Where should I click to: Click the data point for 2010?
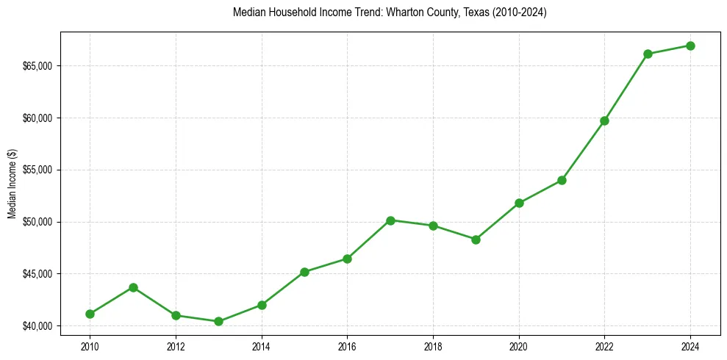pyautogui.click(x=90, y=314)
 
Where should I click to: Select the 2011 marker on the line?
pyautogui.click(x=133, y=287)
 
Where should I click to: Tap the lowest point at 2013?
pyautogui.click(x=218, y=321)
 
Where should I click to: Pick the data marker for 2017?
pyautogui.click(x=390, y=220)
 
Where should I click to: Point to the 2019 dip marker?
pyautogui.click(x=476, y=240)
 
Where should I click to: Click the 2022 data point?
pyautogui.click(x=604, y=120)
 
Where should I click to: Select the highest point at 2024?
pyautogui.click(x=690, y=46)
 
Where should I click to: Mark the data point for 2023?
pyautogui.click(x=648, y=54)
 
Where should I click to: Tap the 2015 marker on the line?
pyautogui.click(x=304, y=272)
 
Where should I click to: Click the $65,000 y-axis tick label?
pyautogui.click(x=37, y=66)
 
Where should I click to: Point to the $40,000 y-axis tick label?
pyautogui.click(x=37, y=326)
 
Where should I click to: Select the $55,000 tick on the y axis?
pyautogui.click(x=37, y=170)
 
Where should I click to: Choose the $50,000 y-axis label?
pyautogui.click(x=37, y=222)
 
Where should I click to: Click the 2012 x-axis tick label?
pyautogui.click(x=176, y=346)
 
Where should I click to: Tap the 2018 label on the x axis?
pyautogui.click(x=433, y=346)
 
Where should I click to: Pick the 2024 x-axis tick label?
pyautogui.click(x=690, y=346)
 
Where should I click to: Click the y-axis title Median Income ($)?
pyautogui.click(x=12, y=184)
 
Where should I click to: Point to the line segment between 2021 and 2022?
pyautogui.click(x=583, y=150)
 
